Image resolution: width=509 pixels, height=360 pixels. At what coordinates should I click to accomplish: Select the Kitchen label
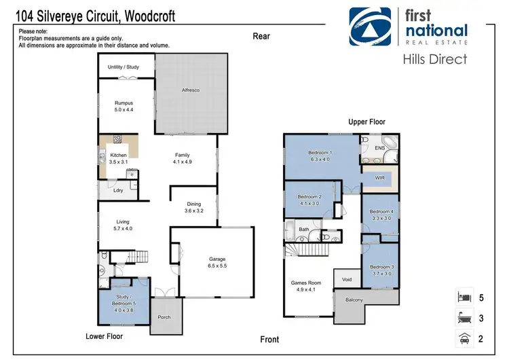coord(118,156)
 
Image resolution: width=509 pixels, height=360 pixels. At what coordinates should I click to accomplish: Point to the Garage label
coord(217,259)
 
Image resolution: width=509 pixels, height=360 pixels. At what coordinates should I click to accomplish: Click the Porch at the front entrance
coord(164,317)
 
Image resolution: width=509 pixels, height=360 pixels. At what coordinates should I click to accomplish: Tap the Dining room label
coord(193,204)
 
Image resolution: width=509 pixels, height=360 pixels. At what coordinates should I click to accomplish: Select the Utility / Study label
coord(124,67)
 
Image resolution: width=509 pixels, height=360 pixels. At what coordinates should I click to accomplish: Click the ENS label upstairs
coord(380,147)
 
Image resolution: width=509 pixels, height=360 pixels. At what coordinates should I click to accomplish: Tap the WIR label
coord(381,177)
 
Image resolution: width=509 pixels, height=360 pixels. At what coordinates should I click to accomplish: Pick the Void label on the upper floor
coord(347,279)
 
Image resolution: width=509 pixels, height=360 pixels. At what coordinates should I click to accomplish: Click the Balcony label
coord(354,300)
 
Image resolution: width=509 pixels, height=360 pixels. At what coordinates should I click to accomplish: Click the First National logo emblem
coord(371,26)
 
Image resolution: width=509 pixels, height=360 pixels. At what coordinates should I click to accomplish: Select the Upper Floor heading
coord(366,122)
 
